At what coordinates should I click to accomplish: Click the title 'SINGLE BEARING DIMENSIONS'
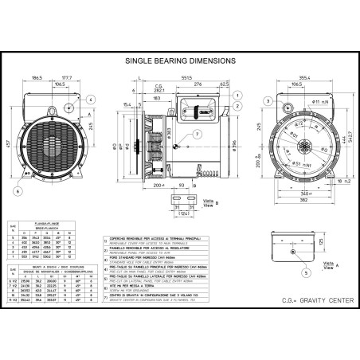click(180, 60)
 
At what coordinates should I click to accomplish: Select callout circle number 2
click(239, 105)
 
